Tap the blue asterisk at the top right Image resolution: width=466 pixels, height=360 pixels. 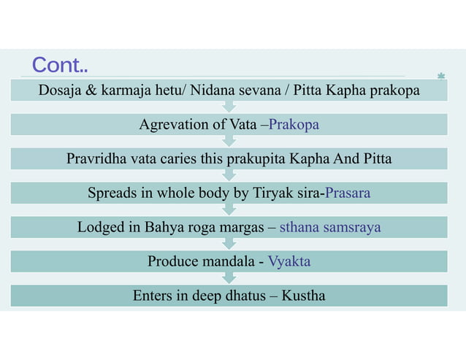point(441,76)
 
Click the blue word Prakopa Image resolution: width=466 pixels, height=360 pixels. point(294,125)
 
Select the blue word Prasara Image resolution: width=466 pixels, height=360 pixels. point(348,194)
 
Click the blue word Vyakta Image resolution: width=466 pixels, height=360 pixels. point(289,261)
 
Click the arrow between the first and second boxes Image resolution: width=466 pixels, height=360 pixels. point(229,107)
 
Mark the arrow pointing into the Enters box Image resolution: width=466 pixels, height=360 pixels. point(229,278)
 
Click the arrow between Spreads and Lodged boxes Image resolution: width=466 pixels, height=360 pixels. point(229,210)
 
